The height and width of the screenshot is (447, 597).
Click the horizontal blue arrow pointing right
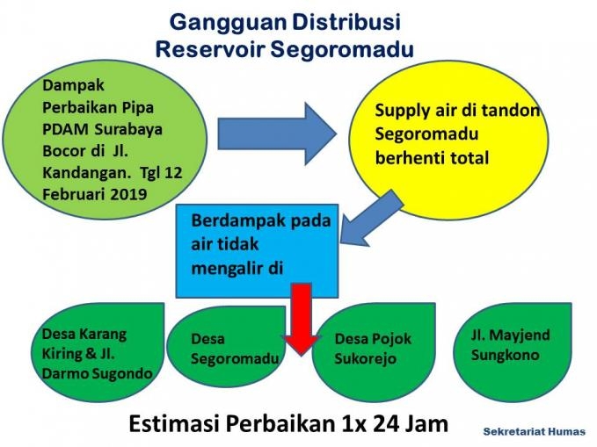277,133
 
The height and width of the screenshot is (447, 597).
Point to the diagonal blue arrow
372,219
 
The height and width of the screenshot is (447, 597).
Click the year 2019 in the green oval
129,194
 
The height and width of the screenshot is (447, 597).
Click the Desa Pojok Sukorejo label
373,349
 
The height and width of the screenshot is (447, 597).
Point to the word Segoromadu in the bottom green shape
235,358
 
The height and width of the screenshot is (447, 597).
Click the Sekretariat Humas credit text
535,432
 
